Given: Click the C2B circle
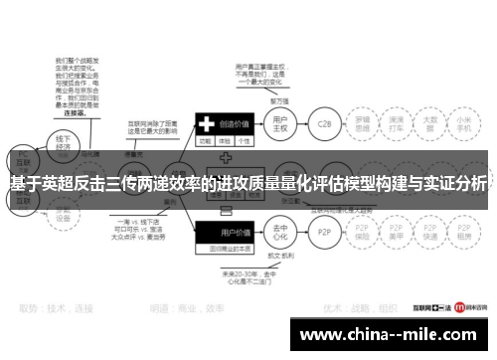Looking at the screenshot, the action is pos(324,126).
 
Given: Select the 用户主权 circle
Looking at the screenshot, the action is pos(280,126).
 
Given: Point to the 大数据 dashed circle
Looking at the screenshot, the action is pos(431,126).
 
